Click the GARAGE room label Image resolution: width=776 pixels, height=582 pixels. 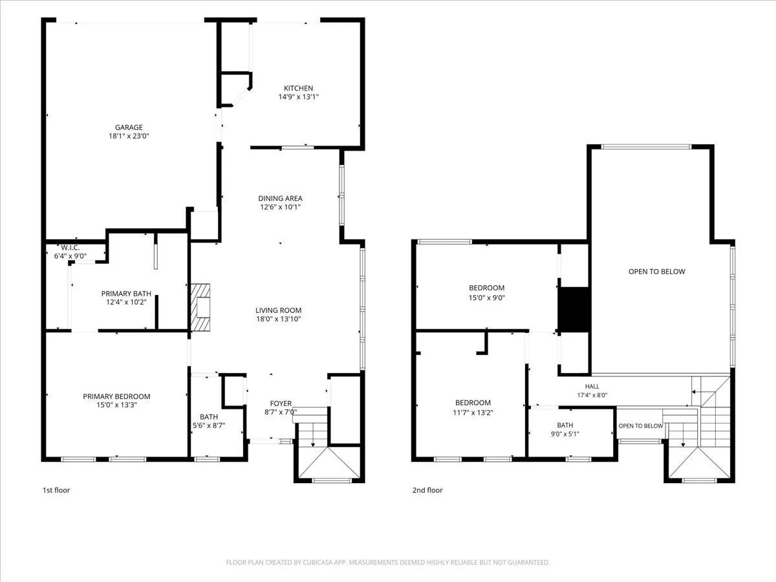tap(129, 127)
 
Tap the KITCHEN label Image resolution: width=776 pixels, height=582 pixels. tap(298, 88)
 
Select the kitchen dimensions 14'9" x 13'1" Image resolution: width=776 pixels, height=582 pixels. tap(298, 97)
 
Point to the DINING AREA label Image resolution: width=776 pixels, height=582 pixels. tap(280, 199)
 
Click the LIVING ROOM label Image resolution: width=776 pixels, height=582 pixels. tap(278, 310)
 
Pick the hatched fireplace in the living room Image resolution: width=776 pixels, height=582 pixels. tap(200, 307)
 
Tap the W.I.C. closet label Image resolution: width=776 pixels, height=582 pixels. tap(70, 248)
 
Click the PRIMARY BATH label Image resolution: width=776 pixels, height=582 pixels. tap(126, 294)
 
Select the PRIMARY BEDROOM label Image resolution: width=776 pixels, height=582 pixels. tap(116, 396)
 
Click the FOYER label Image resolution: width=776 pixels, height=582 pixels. tap(281, 403)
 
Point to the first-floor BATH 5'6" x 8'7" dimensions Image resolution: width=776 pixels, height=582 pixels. tap(209, 426)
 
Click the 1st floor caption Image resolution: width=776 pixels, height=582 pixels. tap(56, 490)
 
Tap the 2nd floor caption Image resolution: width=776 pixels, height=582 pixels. tap(427, 490)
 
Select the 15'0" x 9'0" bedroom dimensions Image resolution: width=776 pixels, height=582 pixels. tap(487, 298)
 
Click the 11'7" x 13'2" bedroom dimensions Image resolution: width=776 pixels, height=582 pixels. tap(473, 413)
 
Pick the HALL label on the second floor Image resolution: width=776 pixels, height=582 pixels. tap(592, 386)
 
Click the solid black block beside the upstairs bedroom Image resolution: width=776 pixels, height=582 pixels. tap(574, 310)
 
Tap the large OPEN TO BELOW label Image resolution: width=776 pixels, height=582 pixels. tap(657, 272)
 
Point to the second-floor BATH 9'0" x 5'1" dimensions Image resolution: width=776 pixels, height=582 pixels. tap(565, 434)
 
